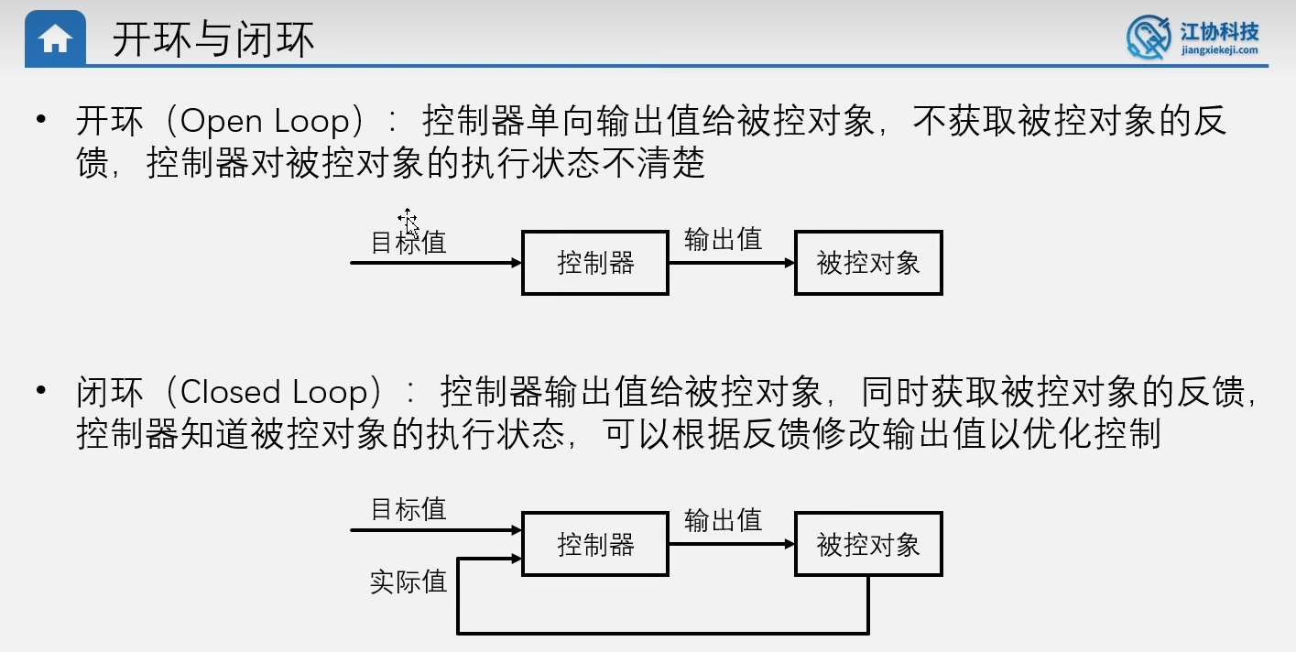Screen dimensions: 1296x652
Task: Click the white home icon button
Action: pyautogui.click(x=56, y=39)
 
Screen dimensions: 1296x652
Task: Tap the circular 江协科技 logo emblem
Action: pyautogui.click(x=1149, y=38)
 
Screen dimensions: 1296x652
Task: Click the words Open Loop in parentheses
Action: pyautogui.click(x=266, y=122)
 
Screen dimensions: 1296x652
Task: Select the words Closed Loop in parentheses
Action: pyautogui.click(x=280, y=392)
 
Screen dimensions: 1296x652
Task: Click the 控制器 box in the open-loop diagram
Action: pyautogui.click(x=595, y=263)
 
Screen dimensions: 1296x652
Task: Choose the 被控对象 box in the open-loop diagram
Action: pyautogui.click(x=868, y=263)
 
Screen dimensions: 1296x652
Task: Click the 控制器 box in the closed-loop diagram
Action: pyautogui.click(x=595, y=545)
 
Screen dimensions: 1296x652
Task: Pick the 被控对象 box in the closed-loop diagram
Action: pyautogui.click(x=868, y=545)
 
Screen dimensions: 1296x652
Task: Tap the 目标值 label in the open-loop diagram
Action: pyautogui.click(x=408, y=243)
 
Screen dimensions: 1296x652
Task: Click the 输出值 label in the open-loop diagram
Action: pyautogui.click(x=724, y=240)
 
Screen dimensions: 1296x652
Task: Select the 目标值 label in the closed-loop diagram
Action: pyautogui.click(x=408, y=509)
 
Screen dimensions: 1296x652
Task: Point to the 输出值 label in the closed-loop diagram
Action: pyautogui.click(x=724, y=520)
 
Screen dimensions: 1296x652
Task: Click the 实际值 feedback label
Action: pyautogui.click(x=408, y=581)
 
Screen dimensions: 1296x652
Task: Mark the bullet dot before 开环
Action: pyautogui.click(x=39, y=121)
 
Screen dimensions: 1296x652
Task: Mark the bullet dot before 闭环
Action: pyautogui.click(x=39, y=391)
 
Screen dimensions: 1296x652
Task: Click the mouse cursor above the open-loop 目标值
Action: pyautogui.click(x=408, y=222)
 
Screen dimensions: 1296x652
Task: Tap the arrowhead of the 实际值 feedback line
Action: pyautogui.click(x=515, y=558)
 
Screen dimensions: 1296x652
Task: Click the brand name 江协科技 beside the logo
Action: pyautogui.click(x=1219, y=32)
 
